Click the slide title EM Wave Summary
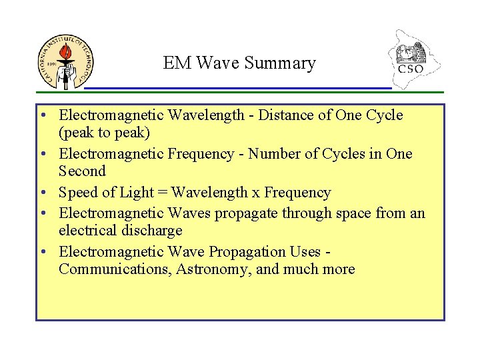tap(239, 63)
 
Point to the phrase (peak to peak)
tap(103, 133)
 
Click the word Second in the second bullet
tap(82, 171)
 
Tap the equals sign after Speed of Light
tap(161, 193)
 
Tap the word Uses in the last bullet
tap(305, 251)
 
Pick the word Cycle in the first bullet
tap(385, 115)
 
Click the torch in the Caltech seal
tap(65, 57)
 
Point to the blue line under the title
tap(238, 88)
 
